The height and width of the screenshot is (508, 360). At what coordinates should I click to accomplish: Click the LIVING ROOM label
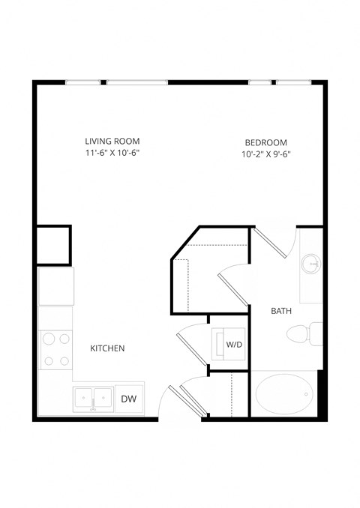(x=112, y=141)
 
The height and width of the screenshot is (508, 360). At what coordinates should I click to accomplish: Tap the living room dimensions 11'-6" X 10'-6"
(x=112, y=153)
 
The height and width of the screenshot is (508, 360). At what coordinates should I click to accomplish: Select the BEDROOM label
(x=266, y=143)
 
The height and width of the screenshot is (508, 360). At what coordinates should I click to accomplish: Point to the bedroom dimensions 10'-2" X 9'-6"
(x=266, y=155)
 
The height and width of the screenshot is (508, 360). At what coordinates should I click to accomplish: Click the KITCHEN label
(x=107, y=348)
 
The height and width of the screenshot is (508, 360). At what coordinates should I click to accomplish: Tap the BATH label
(x=281, y=310)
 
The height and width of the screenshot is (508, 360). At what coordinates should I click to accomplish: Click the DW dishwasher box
(x=128, y=399)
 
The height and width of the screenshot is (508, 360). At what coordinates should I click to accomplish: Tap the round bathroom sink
(x=311, y=264)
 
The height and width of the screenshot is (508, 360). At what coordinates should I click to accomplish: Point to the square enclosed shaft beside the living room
(x=53, y=244)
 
